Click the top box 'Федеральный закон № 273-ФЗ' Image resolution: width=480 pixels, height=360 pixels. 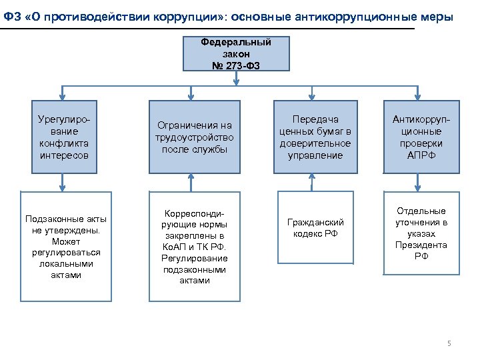(x=236, y=54)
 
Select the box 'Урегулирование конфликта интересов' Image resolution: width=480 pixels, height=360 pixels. (x=64, y=136)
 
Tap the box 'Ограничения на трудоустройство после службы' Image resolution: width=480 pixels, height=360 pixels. (x=193, y=137)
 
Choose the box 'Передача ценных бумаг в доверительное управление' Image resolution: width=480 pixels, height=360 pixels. (x=311, y=137)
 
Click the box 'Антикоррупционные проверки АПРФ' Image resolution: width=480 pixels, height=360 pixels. (x=417, y=137)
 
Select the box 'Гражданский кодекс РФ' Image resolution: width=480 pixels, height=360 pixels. (x=315, y=227)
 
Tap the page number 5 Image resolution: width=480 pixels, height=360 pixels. (x=449, y=343)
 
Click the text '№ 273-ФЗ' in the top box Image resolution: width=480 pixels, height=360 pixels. (x=236, y=65)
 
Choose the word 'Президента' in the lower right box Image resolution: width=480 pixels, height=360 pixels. (x=421, y=245)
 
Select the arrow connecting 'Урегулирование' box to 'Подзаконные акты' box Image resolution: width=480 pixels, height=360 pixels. (x=64, y=182)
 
